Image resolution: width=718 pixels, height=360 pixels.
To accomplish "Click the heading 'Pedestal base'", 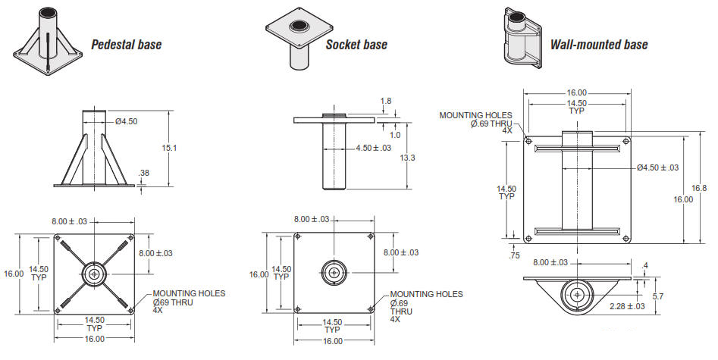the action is point(127,45).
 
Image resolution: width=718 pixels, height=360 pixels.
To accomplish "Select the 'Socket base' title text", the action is point(356,45).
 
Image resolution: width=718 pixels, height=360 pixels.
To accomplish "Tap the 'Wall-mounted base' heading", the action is point(599,45).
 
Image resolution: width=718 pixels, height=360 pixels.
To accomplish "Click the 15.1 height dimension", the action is point(169,148).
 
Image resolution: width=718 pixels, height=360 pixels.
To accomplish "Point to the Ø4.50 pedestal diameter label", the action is point(127,121).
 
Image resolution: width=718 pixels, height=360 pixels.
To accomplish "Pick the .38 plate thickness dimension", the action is point(144,173).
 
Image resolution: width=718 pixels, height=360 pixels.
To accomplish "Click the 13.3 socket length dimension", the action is point(407,158).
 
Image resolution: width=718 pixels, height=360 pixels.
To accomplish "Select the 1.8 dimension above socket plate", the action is point(386,101).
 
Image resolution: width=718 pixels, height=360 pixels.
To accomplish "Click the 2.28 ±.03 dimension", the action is point(627,306).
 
